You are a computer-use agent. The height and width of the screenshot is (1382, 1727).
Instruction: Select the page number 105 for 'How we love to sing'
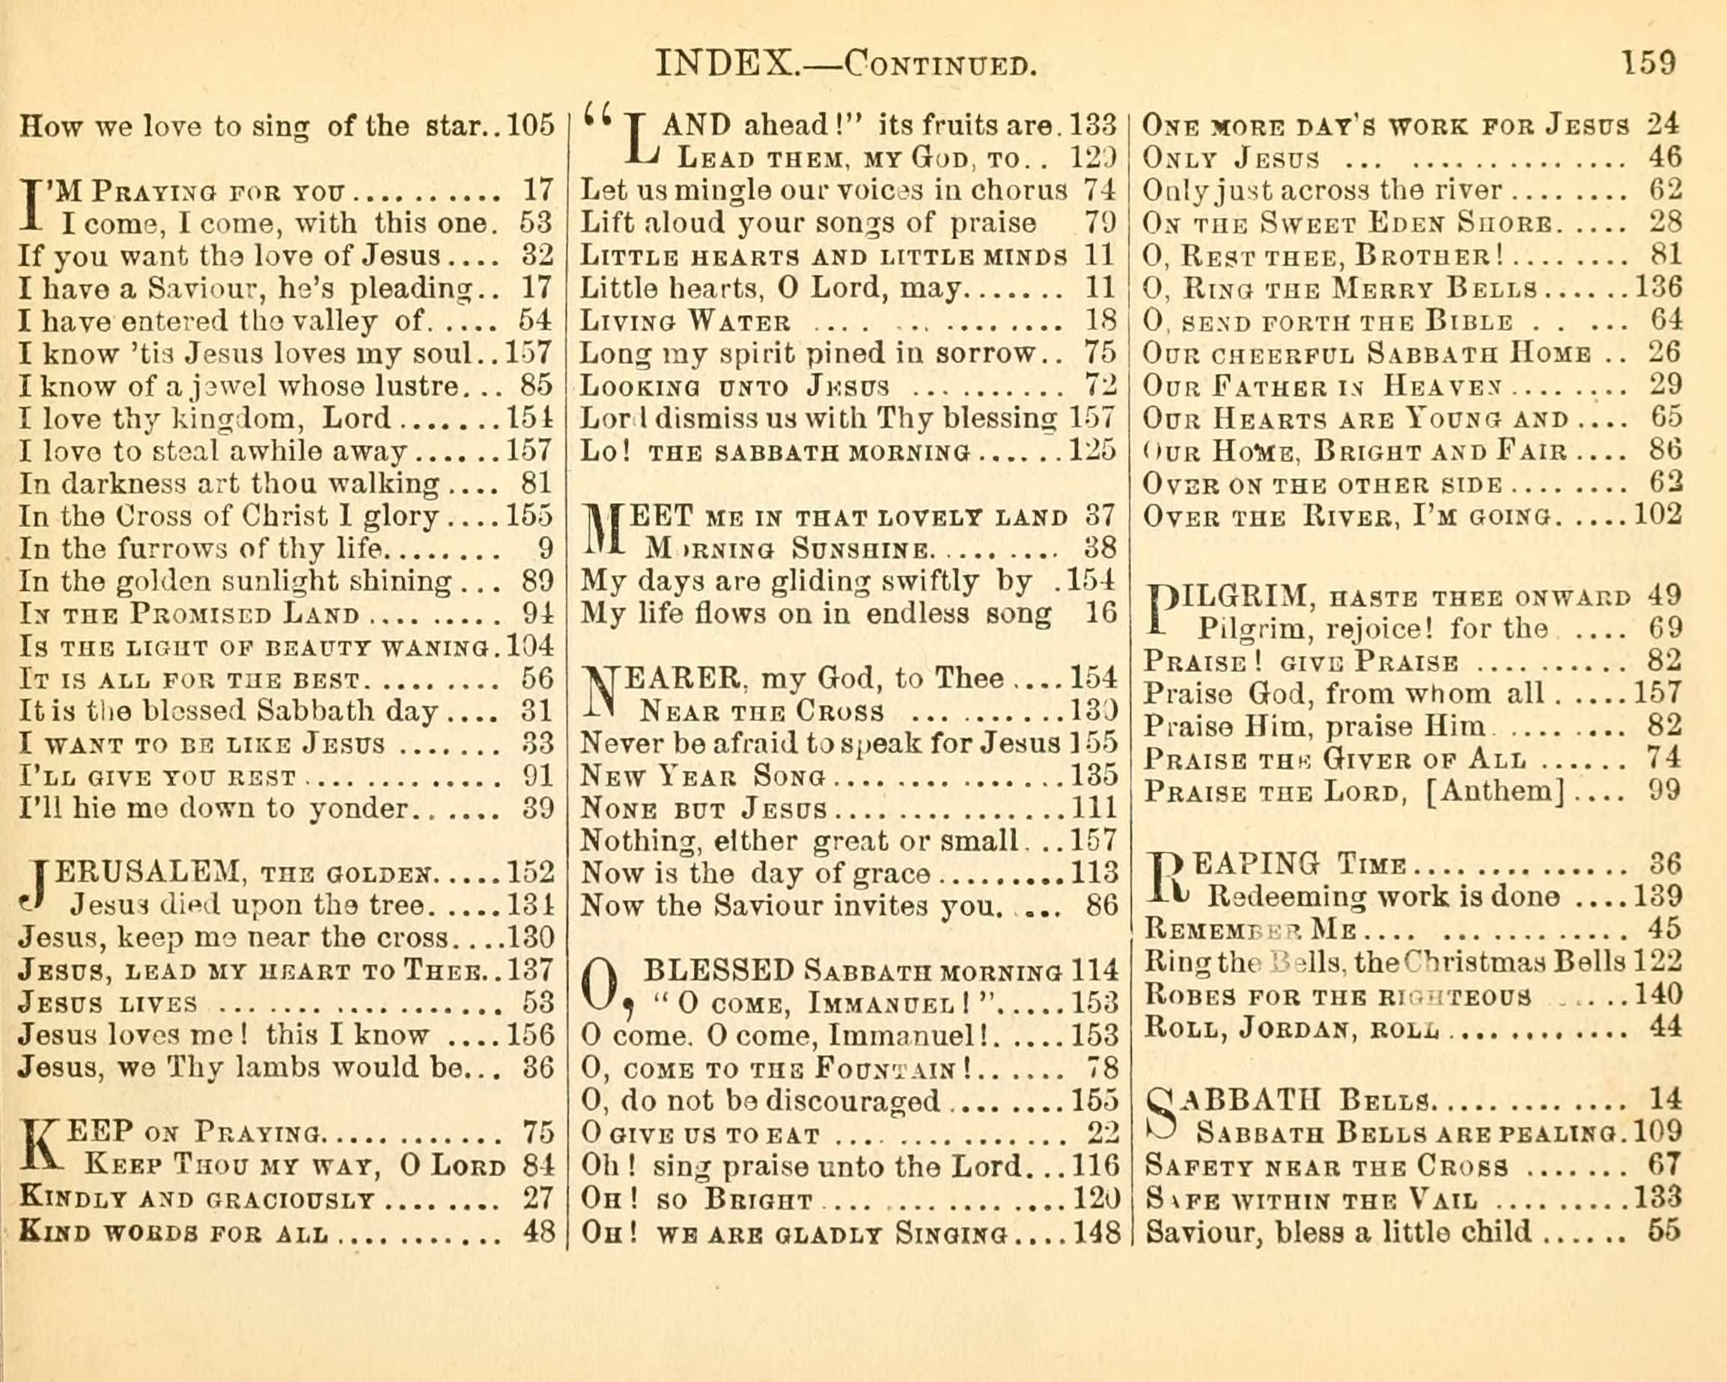530,126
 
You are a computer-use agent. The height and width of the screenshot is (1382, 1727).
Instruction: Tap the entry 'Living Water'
686,322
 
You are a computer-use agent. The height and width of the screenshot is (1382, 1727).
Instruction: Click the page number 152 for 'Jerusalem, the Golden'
530,871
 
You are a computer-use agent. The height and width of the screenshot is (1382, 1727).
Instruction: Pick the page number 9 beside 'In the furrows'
546,549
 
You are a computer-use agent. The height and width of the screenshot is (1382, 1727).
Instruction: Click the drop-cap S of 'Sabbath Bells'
1165,1115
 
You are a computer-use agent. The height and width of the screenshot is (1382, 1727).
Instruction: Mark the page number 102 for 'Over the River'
1658,514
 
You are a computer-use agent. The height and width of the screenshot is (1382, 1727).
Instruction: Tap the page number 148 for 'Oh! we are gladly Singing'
1095,1232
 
